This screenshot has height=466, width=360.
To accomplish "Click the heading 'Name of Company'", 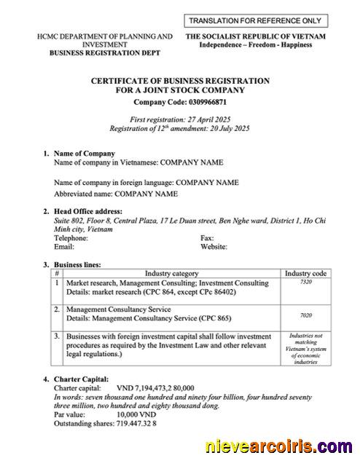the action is [85, 154].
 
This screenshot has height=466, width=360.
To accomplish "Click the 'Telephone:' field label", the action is [71, 238].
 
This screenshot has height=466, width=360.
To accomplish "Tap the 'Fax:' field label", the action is [207, 238].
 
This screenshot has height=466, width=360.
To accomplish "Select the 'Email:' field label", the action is [64, 247].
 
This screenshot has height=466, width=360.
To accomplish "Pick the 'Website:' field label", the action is [214, 247].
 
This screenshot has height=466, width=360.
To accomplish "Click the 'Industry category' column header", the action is [171, 274].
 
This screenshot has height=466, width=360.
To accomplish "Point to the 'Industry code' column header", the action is [306, 274].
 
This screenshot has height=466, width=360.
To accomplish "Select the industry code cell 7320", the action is [306, 282].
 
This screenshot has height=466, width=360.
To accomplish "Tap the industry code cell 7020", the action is [306, 316].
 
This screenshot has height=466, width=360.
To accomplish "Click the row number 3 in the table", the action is [58, 336].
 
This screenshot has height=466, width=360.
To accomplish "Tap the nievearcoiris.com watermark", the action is [279, 446].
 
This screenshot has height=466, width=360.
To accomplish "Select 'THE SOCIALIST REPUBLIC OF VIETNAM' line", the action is [255, 36].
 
